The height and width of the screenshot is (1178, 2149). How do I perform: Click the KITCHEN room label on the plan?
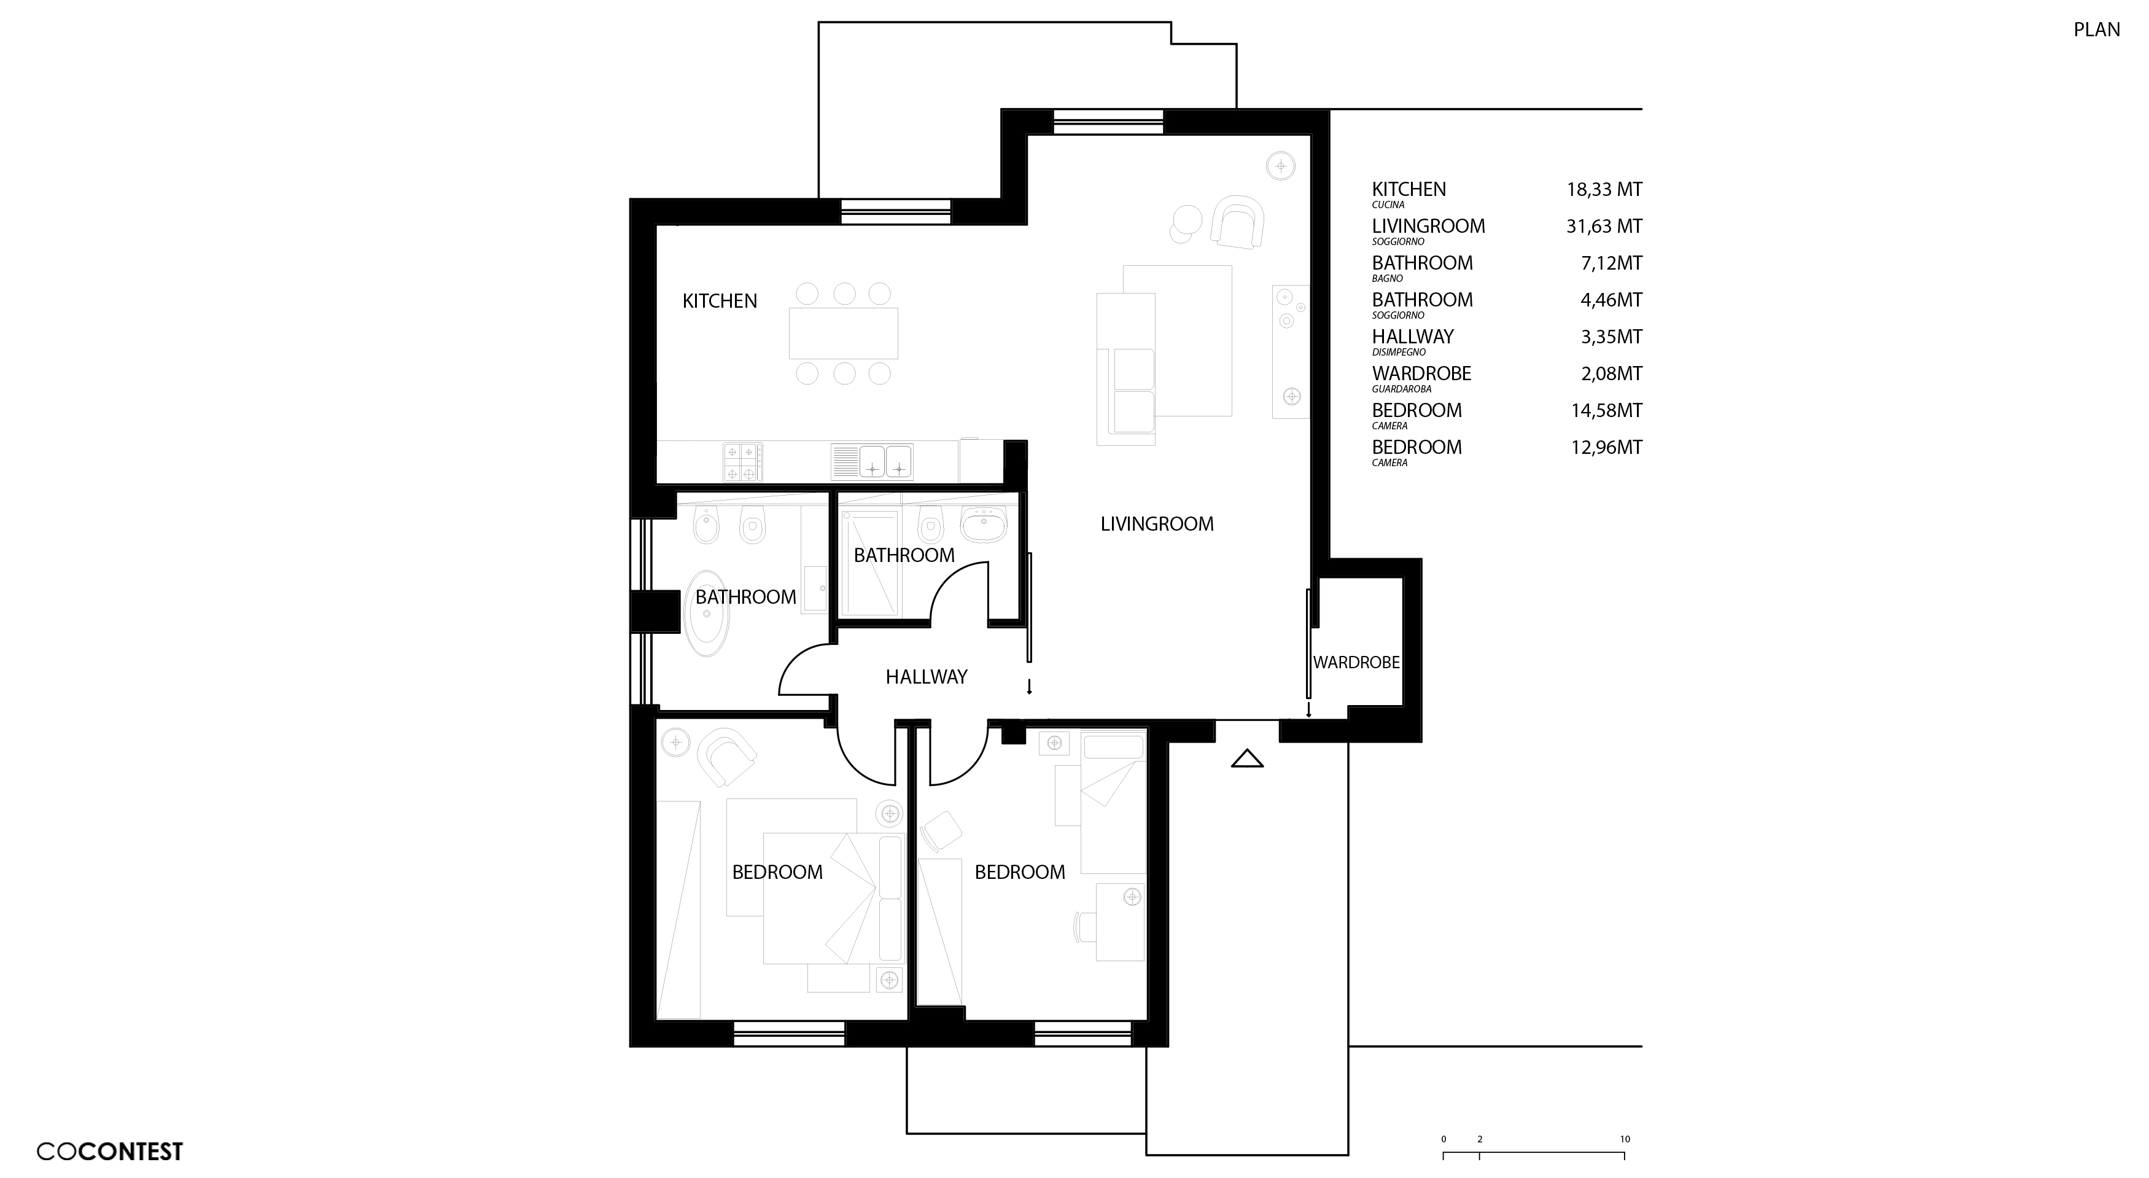tap(719, 301)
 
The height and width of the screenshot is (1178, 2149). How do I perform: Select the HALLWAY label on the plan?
tap(926, 677)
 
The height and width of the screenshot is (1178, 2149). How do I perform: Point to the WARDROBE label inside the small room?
tap(1356, 663)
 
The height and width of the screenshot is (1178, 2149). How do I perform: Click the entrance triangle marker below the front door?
tap(1247, 759)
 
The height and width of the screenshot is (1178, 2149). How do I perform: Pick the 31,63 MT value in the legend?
tap(1603, 226)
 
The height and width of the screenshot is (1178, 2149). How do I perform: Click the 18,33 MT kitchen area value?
tap(1603, 189)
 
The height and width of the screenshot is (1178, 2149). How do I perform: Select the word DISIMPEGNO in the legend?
tap(1399, 352)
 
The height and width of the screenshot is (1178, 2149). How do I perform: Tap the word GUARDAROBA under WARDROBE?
tap(1402, 389)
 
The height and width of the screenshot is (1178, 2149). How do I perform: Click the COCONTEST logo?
tap(109, 1152)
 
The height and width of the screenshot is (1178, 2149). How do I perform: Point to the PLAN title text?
tap(2096, 29)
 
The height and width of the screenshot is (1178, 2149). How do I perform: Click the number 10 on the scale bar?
tap(1624, 1139)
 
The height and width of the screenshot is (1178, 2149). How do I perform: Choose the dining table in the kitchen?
tap(844, 333)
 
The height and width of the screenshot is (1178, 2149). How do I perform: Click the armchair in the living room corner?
tap(1237, 222)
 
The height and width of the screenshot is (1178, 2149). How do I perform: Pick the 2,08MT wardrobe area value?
tap(1611, 374)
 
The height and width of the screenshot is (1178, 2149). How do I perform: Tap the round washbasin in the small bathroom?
tap(984, 524)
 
